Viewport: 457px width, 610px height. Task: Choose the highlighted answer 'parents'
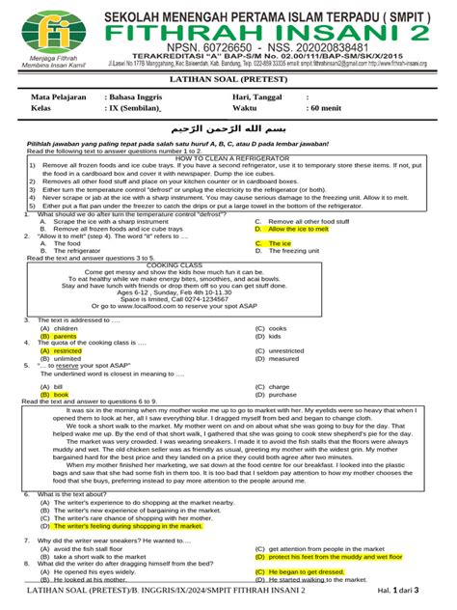[x=67, y=336]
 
